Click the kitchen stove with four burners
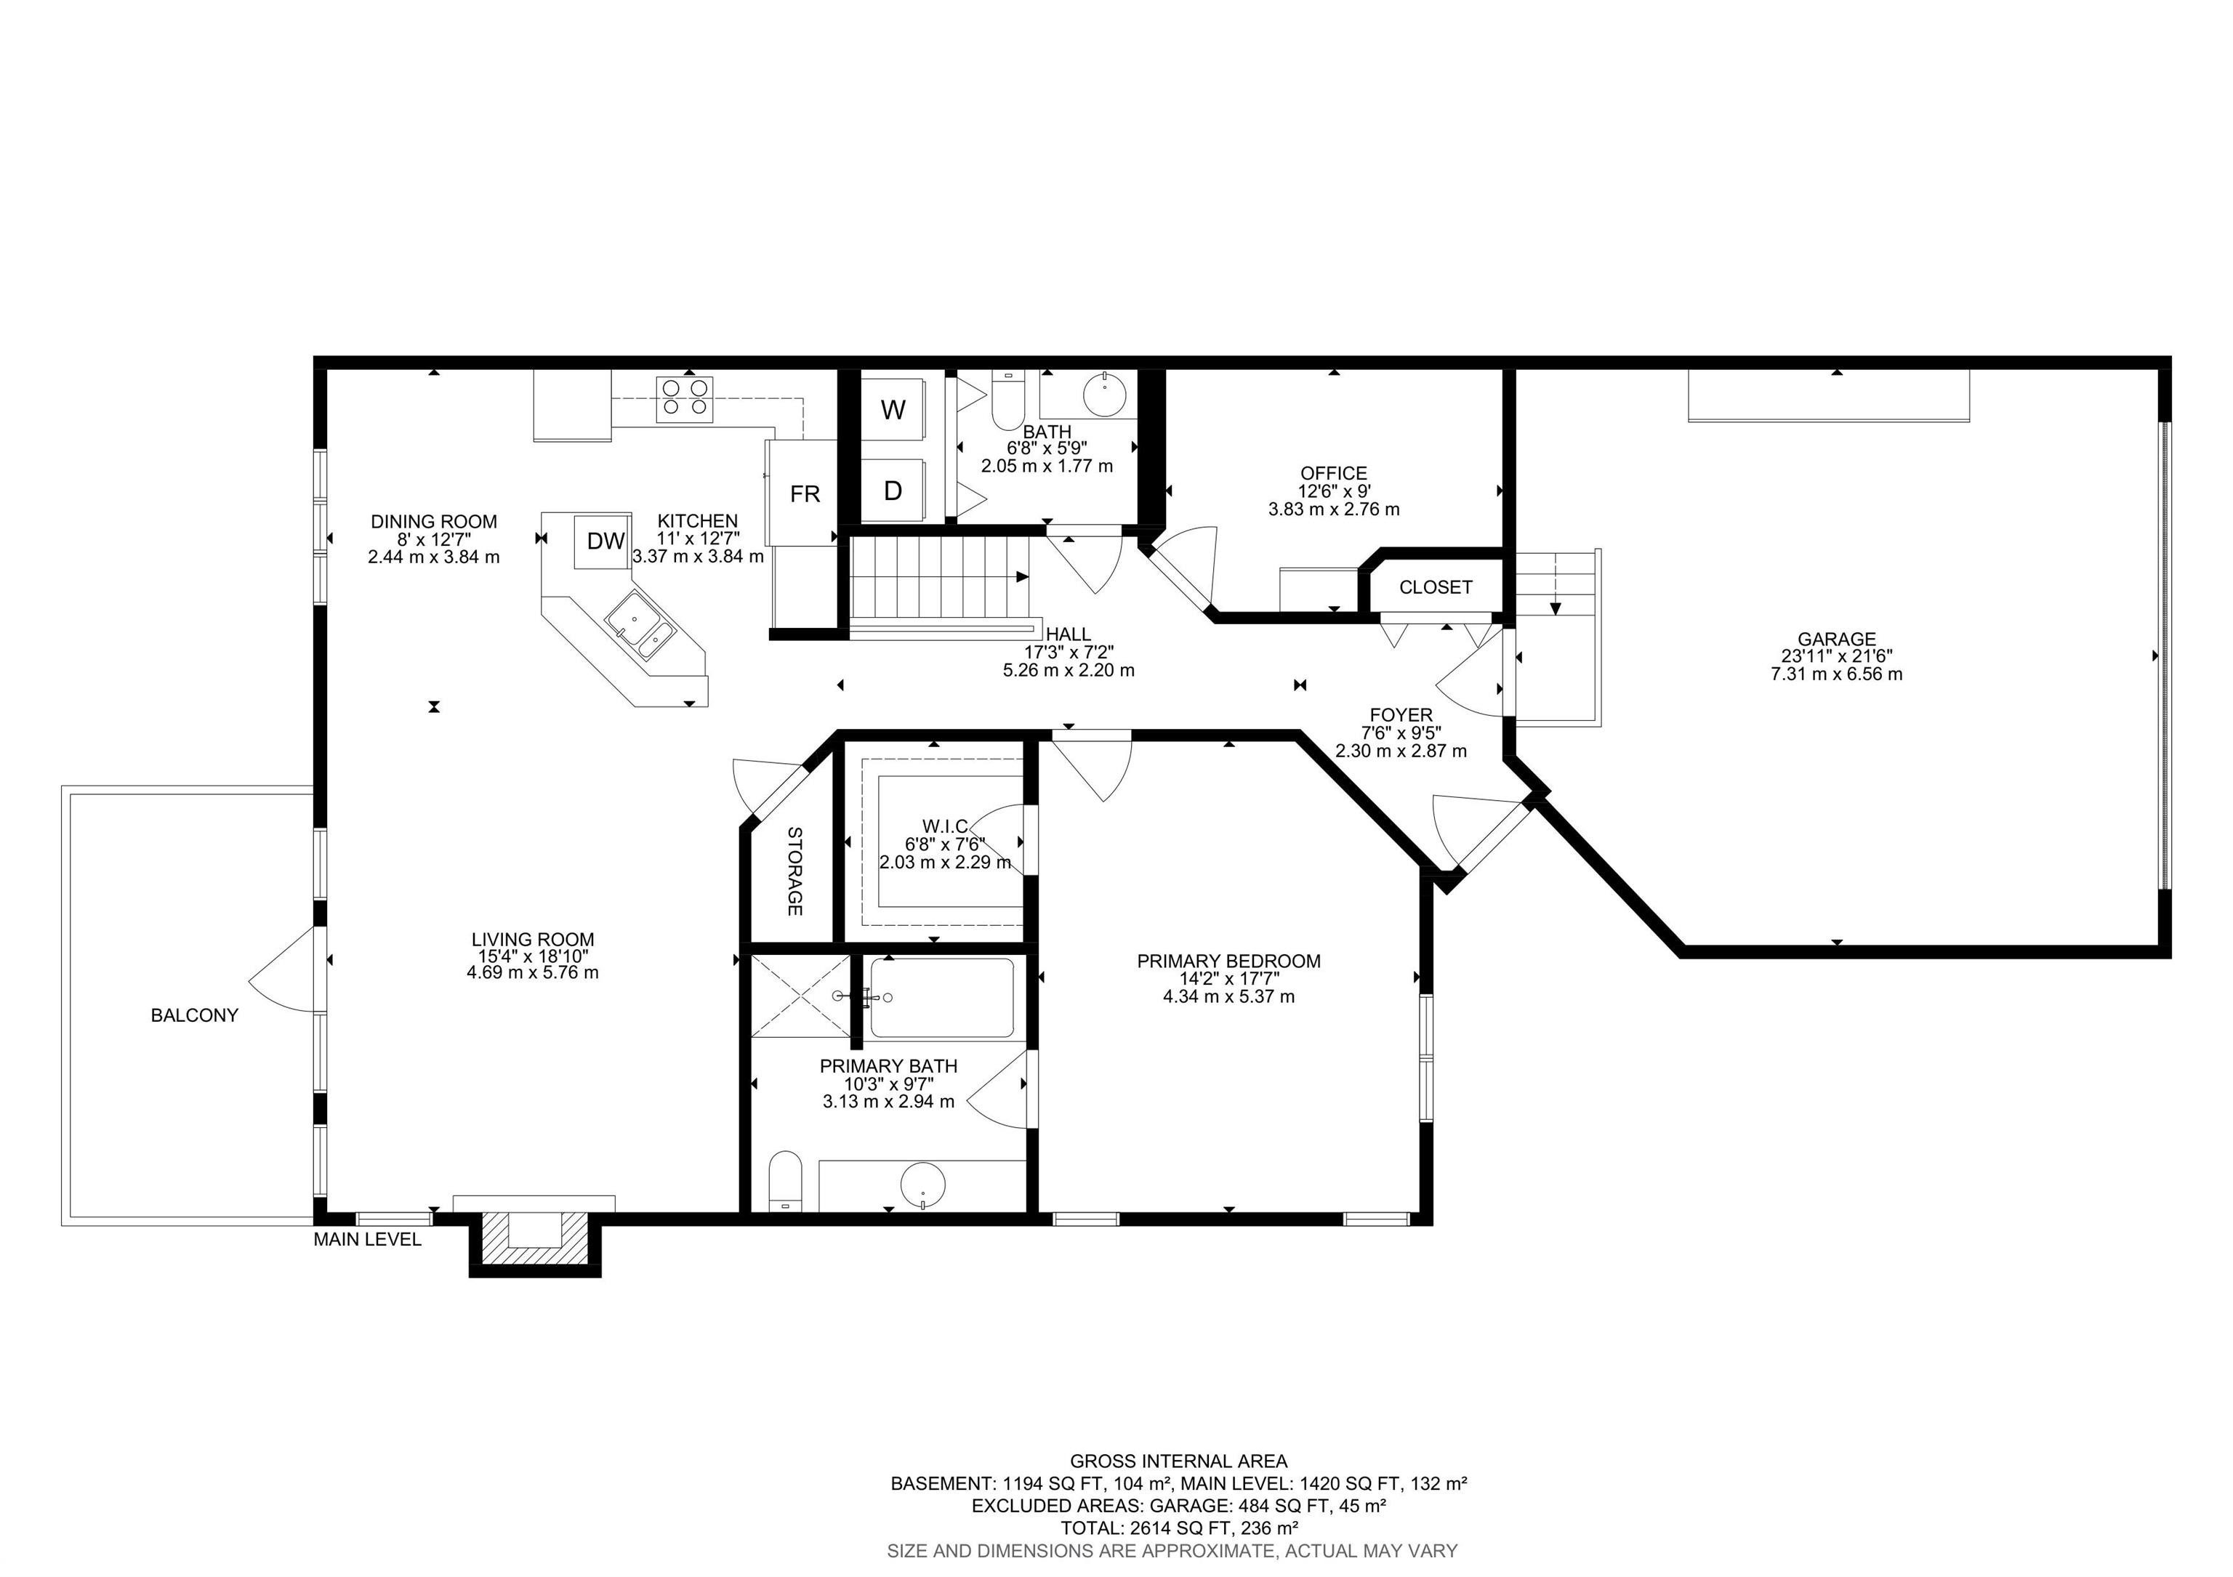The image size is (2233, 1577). point(685,399)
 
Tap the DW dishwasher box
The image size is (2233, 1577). point(605,541)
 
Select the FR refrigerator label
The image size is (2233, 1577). point(805,494)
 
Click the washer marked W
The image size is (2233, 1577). point(893,409)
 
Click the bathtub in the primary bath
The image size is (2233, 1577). point(941,998)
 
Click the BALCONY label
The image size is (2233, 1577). point(195,1015)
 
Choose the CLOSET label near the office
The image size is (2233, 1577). point(1436,587)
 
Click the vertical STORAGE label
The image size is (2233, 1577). point(794,871)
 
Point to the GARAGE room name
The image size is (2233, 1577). point(1836,639)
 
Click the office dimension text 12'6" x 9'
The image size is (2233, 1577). point(1333,492)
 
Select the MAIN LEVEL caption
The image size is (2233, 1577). point(366,1240)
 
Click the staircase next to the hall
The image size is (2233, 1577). point(939,578)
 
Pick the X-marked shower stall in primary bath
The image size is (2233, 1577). point(800,996)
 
